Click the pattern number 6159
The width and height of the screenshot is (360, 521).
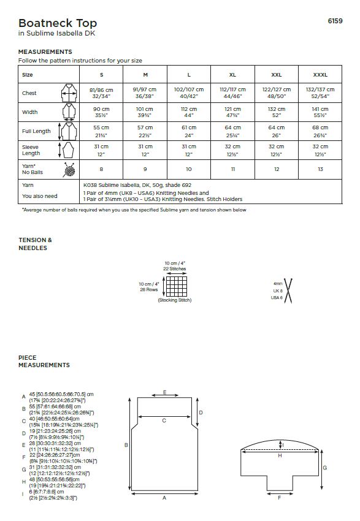click(x=335, y=21)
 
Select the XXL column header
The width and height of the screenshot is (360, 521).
click(x=276, y=75)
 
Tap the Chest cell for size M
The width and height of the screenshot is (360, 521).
click(x=145, y=93)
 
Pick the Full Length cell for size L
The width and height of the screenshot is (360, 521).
click(x=188, y=131)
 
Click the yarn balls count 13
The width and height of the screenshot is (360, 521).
click(x=320, y=169)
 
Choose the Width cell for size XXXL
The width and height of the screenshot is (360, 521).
click(x=320, y=112)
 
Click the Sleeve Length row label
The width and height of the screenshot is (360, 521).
click(x=31, y=150)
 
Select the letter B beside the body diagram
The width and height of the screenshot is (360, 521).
click(x=126, y=445)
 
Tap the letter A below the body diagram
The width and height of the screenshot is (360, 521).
click(x=164, y=498)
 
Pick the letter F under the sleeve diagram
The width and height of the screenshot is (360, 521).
click(x=279, y=498)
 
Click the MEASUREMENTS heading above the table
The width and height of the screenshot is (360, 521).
click(x=45, y=52)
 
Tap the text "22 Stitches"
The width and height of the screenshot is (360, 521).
click(x=175, y=268)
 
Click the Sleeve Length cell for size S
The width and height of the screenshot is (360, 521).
click(x=101, y=150)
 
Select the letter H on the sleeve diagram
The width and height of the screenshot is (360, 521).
click(x=280, y=456)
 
